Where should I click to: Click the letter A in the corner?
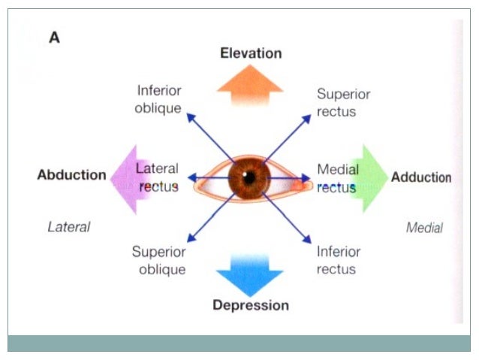coord(54,38)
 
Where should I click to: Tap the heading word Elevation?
coord(250,53)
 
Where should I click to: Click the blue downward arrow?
coord(250,273)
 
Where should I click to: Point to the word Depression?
coord(250,305)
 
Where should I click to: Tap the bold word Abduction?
coord(71,175)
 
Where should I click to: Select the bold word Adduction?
coord(420,177)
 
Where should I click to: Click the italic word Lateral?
coord(68,226)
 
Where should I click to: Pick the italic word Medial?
coord(424,228)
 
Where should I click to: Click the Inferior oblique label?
coord(158,99)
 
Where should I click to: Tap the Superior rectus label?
coord(343,103)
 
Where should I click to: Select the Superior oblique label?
coord(158,260)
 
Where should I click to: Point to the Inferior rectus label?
coord(338,260)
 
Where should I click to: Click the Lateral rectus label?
coord(157,177)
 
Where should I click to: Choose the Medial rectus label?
coord(337,178)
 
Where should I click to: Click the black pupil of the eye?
coord(249,178)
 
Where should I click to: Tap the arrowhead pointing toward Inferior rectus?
coord(309,240)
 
